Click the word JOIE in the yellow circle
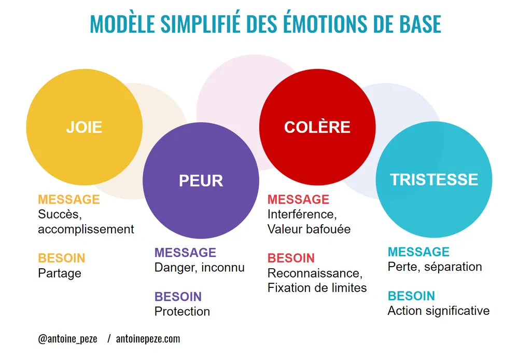coord(84,127)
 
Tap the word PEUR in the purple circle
coord(201,181)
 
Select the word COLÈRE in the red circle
coord(317,127)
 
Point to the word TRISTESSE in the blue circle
coord(434,179)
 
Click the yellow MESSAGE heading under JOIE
coord(68,199)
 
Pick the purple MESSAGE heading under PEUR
coord(185,253)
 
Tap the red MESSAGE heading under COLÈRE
coord(298,199)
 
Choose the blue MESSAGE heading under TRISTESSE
coord(418,252)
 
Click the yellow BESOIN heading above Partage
coord(62,258)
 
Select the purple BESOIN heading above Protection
coord(178,297)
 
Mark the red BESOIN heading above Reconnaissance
coord(291,258)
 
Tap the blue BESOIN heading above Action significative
coord(411,296)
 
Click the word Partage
coord(60,273)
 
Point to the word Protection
coord(182,312)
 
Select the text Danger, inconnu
coord(199,268)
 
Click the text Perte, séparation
coord(435,267)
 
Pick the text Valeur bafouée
coord(309,229)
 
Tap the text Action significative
coord(438,311)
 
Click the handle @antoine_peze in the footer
coord(67,339)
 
